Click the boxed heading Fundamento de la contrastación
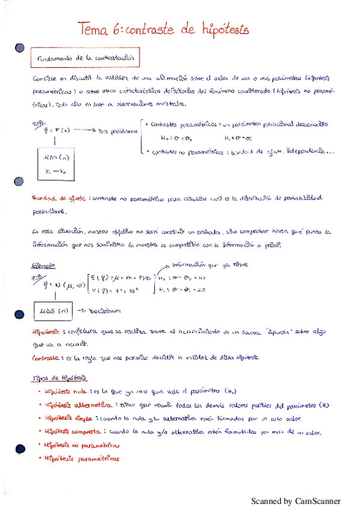pos(85,59)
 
